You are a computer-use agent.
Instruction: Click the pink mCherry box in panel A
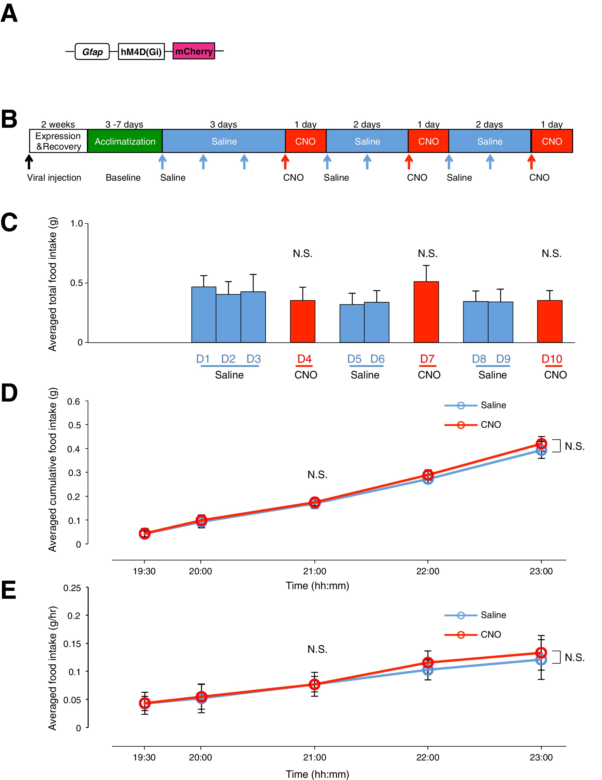tap(194, 51)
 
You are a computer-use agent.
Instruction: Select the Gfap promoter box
tap(92, 52)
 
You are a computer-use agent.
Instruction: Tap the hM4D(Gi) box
tap(141, 52)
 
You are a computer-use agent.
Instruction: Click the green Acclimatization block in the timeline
tap(125, 141)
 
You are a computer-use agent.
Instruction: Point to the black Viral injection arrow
tap(29, 161)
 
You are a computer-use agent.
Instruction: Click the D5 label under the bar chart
tap(354, 359)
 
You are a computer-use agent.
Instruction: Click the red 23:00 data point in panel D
tap(541, 444)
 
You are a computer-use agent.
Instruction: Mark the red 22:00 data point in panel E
tap(428, 662)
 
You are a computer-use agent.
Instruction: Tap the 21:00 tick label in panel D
tap(314, 571)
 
